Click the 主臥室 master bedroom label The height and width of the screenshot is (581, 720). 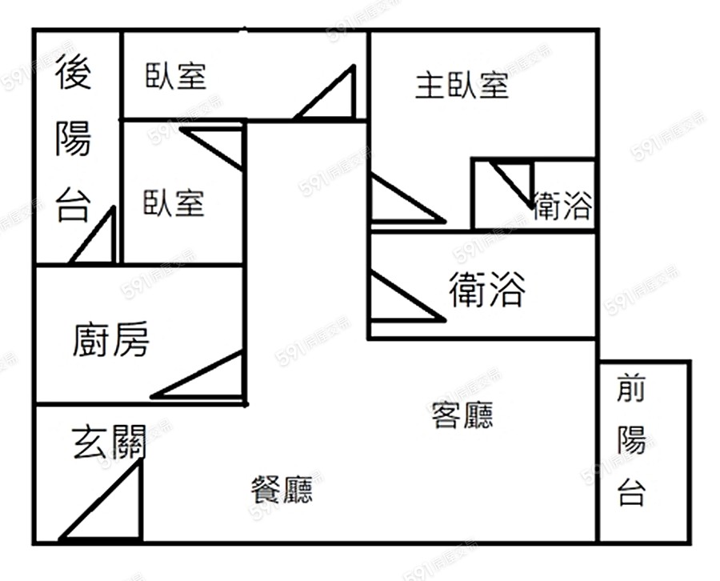[x=462, y=85]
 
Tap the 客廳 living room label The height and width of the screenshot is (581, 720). [x=462, y=415]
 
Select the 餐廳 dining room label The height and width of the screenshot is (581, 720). [x=282, y=489]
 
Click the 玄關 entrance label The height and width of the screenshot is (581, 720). [x=109, y=443]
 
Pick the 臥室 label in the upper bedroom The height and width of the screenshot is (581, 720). [x=176, y=76]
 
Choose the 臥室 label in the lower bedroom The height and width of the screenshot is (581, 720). [x=174, y=202]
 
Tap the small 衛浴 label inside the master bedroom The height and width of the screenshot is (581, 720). [x=562, y=206]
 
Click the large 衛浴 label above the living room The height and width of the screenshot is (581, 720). [x=486, y=289]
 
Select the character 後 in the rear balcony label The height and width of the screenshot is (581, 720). [x=74, y=73]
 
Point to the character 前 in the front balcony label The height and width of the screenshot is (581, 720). [x=631, y=390]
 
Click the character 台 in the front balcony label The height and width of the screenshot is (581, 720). [x=631, y=491]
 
